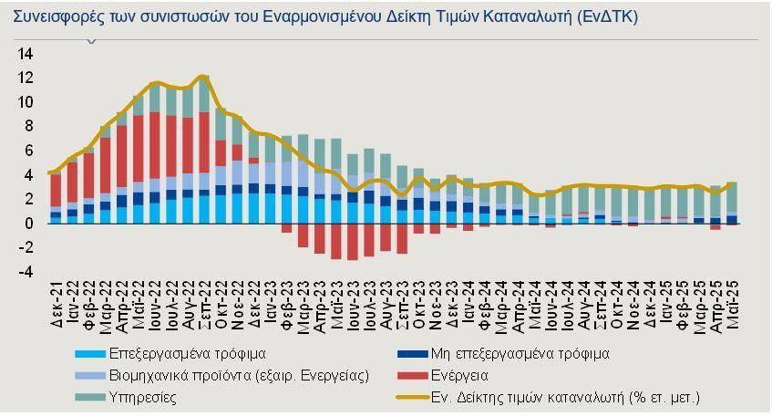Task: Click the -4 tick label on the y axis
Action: pyautogui.click(x=26, y=272)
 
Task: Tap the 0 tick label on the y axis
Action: pyautogui.click(x=29, y=224)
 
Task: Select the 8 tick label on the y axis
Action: pyautogui.click(x=29, y=126)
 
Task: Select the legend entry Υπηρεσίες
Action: pyautogui.click(x=143, y=397)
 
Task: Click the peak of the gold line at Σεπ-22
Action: pyautogui.click(x=203, y=77)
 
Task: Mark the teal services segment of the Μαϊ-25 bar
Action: pyautogui.click(x=731, y=196)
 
